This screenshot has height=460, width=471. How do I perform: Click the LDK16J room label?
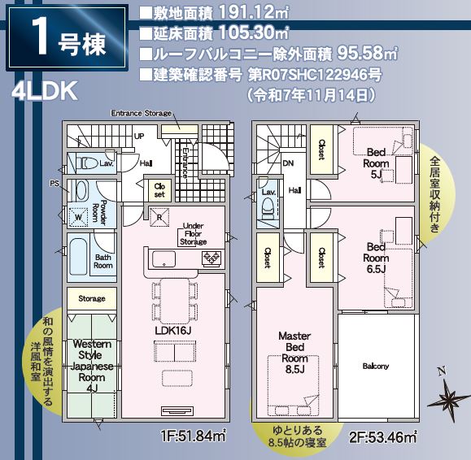point(173,331)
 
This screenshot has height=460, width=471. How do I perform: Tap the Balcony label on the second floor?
point(376,366)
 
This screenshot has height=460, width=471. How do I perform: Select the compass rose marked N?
point(447,396)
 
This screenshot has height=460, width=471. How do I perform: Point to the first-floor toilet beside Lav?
point(87,163)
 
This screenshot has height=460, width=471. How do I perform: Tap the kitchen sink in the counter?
point(164,258)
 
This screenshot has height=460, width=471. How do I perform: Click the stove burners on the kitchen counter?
point(212,258)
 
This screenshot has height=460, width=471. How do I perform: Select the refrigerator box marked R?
point(159,217)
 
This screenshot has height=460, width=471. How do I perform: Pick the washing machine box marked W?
point(79,217)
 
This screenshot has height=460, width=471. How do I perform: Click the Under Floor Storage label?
point(193,234)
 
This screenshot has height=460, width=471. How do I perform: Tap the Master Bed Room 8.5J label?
point(294,353)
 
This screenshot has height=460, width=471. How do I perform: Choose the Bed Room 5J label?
point(376,163)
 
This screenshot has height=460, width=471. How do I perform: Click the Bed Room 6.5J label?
point(376,258)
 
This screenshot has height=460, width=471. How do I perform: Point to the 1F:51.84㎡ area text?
point(193,436)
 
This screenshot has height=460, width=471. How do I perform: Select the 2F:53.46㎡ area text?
point(383,437)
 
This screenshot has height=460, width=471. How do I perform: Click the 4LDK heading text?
point(45,91)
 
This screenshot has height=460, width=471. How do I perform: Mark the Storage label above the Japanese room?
point(92,298)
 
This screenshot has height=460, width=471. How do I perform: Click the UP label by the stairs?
point(139,137)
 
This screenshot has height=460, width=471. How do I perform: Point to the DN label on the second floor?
point(288,163)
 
